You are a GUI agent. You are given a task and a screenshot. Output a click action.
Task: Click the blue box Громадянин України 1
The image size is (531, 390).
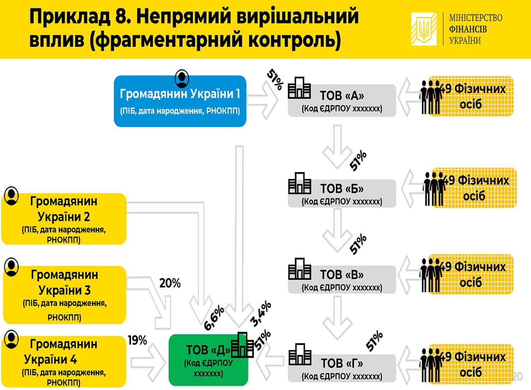(180, 101)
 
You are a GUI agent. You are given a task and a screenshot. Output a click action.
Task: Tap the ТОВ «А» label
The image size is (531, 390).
(342, 96)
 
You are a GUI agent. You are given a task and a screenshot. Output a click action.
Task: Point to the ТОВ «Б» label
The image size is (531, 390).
(342, 189)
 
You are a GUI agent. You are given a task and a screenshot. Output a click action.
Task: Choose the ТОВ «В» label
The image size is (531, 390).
(342, 275)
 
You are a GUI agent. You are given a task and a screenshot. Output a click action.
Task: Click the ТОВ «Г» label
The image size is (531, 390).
(342, 363)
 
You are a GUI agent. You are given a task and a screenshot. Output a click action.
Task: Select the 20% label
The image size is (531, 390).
(170, 283)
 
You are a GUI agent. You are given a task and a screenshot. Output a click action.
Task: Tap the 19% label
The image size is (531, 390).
(138, 340)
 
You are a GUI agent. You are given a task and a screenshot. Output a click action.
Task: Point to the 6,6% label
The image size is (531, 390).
(214, 318)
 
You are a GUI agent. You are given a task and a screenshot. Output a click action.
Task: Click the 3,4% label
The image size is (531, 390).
(261, 314)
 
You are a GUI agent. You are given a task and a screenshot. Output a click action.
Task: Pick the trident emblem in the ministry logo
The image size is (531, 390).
(424, 29)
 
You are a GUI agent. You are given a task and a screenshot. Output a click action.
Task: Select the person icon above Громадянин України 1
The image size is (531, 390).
(182, 78)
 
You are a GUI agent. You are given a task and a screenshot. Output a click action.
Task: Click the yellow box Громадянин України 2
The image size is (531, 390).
(64, 219)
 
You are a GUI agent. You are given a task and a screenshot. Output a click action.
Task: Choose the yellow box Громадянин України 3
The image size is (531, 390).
(64, 295)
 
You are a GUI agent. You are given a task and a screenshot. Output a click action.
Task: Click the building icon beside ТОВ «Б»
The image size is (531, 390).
(300, 183)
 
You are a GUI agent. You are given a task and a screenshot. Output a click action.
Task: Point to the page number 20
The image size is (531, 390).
(517, 376)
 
